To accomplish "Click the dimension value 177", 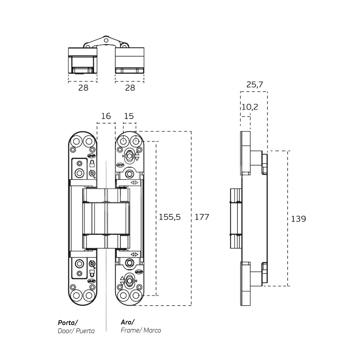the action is click(x=202, y=217).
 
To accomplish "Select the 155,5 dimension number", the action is click(x=170, y=217).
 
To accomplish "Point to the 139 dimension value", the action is click(x=298, y=219).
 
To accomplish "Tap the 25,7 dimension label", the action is click(x=255, y=85).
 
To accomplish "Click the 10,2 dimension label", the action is click(x=250, y=107).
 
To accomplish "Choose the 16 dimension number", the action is click(x=106, y=116).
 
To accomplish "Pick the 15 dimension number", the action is click(x=129, y=116).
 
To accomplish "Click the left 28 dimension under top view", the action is click(x=83, y=88).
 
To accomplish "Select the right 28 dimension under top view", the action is click(x=130, y=88).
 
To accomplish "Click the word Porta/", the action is click(x=68, y=323).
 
